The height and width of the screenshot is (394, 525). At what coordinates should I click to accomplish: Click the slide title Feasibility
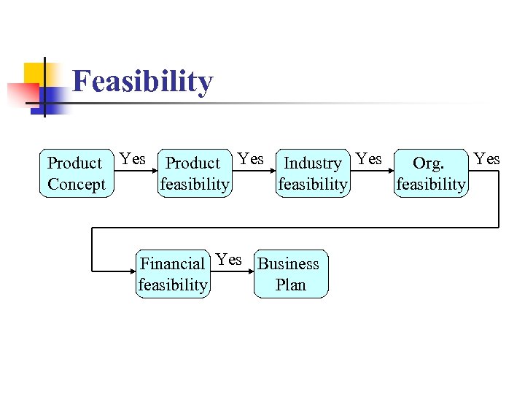(143, 82)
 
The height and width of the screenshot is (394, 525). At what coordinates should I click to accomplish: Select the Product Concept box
(77, 174)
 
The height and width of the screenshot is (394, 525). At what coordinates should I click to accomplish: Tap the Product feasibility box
(195, 174)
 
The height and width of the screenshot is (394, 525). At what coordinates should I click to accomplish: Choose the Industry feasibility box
(313, 174)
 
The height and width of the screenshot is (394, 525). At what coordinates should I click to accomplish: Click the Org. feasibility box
(430, 174)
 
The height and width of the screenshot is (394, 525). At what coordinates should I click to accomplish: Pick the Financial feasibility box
(173, 274)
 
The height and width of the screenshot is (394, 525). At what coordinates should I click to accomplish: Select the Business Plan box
(290, 274)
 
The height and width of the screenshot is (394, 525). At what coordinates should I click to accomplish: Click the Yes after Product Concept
(133, 159)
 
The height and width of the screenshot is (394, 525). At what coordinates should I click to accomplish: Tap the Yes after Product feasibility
(251, 159)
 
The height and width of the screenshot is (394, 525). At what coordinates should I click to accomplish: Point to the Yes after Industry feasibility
(369, 159)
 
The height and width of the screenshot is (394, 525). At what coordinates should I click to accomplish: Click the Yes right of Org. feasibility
(486, 159)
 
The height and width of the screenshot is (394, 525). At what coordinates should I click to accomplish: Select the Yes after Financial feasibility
(229, 260)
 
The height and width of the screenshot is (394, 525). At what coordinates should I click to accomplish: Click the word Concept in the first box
(77, 185)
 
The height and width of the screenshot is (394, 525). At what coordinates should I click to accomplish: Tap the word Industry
(313, 163)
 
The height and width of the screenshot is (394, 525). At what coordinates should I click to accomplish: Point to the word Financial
(172, 264)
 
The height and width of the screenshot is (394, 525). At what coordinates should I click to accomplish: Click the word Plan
(290, 285)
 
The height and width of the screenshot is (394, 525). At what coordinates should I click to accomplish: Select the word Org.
(428, 163)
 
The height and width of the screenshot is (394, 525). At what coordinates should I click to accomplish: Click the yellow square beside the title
(36, 74)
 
